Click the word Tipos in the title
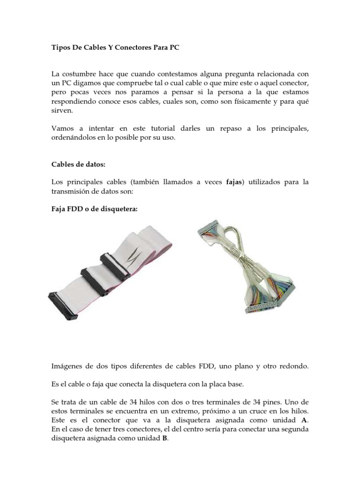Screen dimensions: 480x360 [60, 48]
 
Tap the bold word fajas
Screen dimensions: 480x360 [237, 182]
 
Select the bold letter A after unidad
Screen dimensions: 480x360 [304, 420]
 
